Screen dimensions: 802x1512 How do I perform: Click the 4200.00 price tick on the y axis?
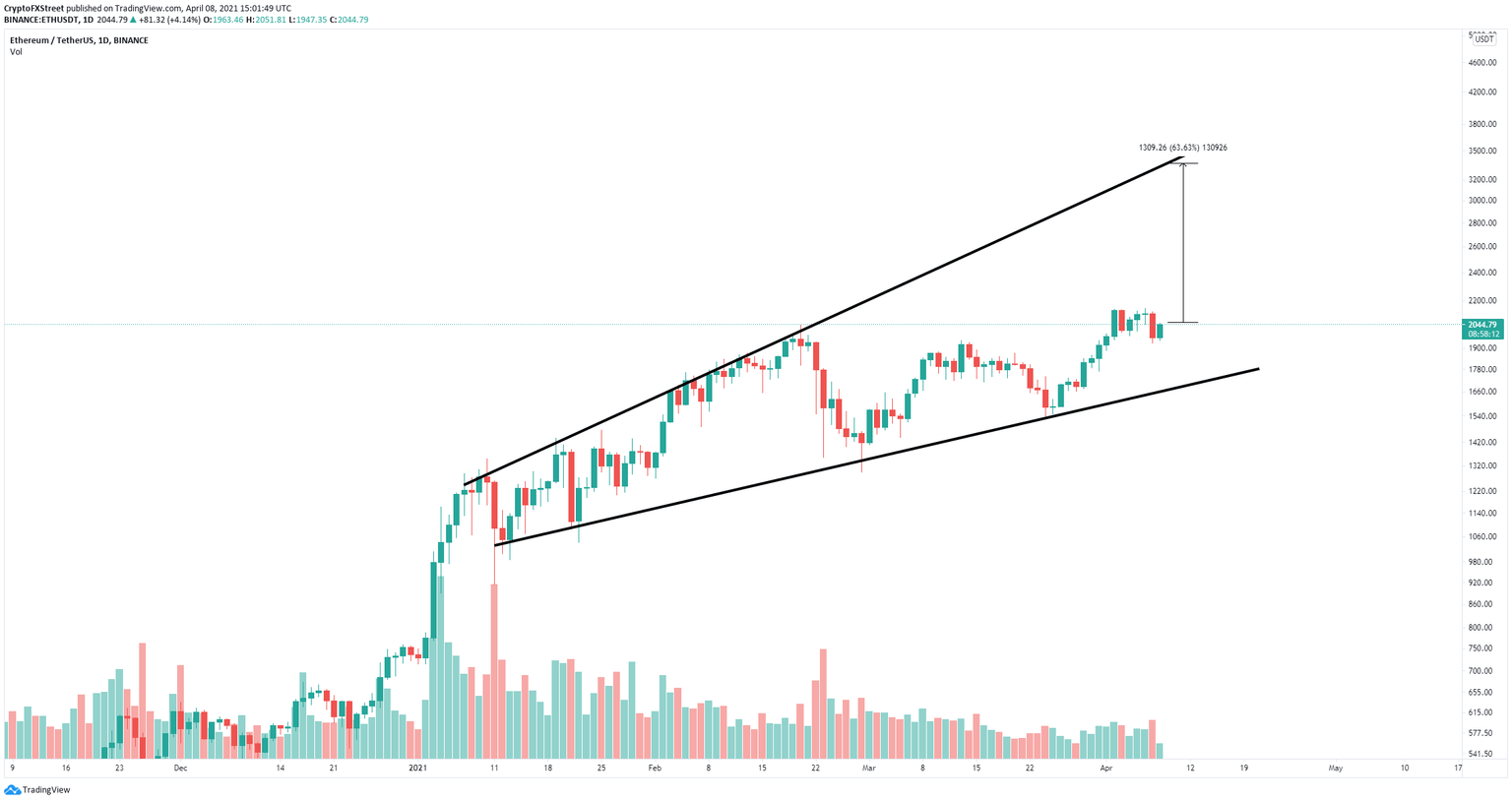tap(1481, 93)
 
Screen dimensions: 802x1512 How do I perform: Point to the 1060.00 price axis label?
tap(1481, 537)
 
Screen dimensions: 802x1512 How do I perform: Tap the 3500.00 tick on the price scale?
tap(1481, 152)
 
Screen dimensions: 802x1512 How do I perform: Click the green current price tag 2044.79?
tap(1481, 325)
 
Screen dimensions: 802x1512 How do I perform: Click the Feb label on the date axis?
tap(655, 768)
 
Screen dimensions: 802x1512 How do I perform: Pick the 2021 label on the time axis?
tap(418, 768)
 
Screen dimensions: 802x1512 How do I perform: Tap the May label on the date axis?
tap(1335, 768)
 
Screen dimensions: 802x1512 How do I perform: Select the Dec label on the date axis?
tap(180, 768)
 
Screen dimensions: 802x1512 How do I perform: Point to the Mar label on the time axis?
tap(868, 768)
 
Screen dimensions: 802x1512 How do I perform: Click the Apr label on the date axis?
tap(1105, 768)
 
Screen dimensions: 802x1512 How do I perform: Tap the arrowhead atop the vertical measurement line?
tap(1183, 164)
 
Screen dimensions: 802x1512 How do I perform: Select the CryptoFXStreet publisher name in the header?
tap(33, 8)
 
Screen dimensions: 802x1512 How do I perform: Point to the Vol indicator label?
tap(16, 52)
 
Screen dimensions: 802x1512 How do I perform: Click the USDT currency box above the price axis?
tap(1483, 37)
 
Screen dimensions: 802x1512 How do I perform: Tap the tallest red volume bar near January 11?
tap(494, 669)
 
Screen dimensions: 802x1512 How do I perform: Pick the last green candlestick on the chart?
tap(1161, 332)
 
